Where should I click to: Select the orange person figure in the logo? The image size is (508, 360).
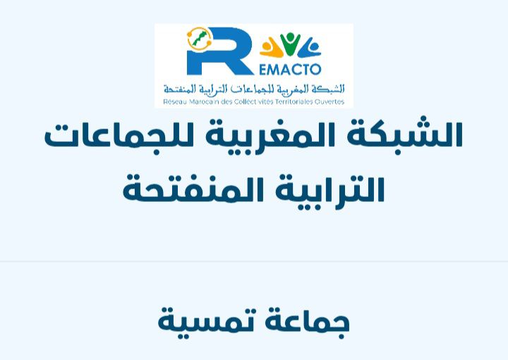[x=271, y=48]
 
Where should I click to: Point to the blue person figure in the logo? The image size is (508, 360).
[x=310, y=48]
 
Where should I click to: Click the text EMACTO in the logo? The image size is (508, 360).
[x=290, y=69]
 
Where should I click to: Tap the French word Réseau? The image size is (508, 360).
[x=175, y=102]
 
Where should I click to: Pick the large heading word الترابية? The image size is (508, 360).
[x=329, y=191]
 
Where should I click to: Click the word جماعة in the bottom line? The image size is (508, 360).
[x=308, y=323]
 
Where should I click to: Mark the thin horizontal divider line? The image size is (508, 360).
[x=254, y=261]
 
